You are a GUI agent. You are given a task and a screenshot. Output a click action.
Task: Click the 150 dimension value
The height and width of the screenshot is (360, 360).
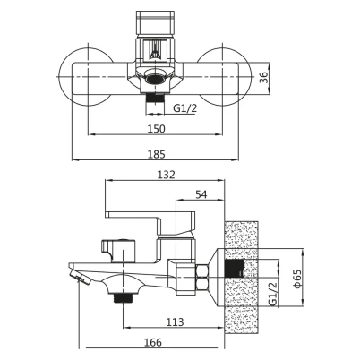click(156, 129)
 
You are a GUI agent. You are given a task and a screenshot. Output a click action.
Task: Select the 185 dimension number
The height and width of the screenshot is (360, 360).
click(156, 154)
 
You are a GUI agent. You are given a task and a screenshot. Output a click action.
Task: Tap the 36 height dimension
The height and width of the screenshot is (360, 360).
click(263, 77)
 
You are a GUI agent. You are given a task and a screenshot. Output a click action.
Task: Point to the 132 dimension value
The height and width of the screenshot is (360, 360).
click(167, 175)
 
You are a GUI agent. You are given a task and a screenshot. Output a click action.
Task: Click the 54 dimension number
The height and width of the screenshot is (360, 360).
click(201, 194)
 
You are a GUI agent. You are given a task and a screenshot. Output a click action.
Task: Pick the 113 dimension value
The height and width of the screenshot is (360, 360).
click(176, 322)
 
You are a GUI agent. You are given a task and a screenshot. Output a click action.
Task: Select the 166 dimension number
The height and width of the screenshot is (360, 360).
click(153, 342)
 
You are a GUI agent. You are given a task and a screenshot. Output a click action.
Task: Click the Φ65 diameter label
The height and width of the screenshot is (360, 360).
click(297, 279)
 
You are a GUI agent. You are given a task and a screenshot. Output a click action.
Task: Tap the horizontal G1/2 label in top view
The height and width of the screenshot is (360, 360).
click(185, 108)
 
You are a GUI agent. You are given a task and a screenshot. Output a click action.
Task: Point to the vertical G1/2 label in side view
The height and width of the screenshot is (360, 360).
click(273, 294)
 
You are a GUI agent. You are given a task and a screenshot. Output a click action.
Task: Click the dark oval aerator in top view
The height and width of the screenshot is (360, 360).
click(155, 79)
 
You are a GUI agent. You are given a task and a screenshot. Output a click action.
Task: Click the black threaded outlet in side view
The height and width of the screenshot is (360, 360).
click(123, 297)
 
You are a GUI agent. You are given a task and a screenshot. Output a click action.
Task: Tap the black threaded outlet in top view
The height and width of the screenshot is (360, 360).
click(155, 99)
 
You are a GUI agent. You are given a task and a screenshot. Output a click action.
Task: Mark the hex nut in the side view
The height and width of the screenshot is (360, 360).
click(201, 278)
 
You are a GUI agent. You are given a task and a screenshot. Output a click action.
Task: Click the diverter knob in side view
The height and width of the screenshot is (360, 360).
click(119, 251)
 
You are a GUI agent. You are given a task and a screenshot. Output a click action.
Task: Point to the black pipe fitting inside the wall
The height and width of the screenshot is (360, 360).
click(235, 268)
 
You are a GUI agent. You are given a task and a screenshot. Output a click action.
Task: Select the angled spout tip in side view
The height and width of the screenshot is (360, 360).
click(81, 277)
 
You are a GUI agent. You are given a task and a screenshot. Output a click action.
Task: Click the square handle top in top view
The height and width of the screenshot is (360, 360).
click(155, 23)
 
